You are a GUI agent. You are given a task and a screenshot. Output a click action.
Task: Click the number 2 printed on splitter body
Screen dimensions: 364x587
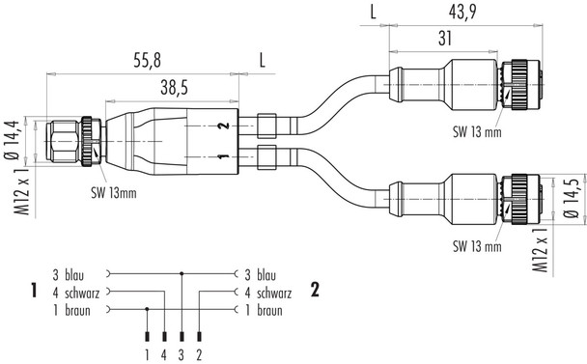pyautogui.click(x=224, y=126)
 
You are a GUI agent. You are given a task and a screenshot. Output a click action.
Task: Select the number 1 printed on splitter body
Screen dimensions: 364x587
pyautogui.click(x=224, y=156)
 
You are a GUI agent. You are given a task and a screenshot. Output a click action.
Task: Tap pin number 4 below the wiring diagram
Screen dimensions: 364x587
pyautogui.click(x=164, y=354)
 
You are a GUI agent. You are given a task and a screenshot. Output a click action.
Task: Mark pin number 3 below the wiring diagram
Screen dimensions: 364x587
pyautogui.click(x=182, y=354)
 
